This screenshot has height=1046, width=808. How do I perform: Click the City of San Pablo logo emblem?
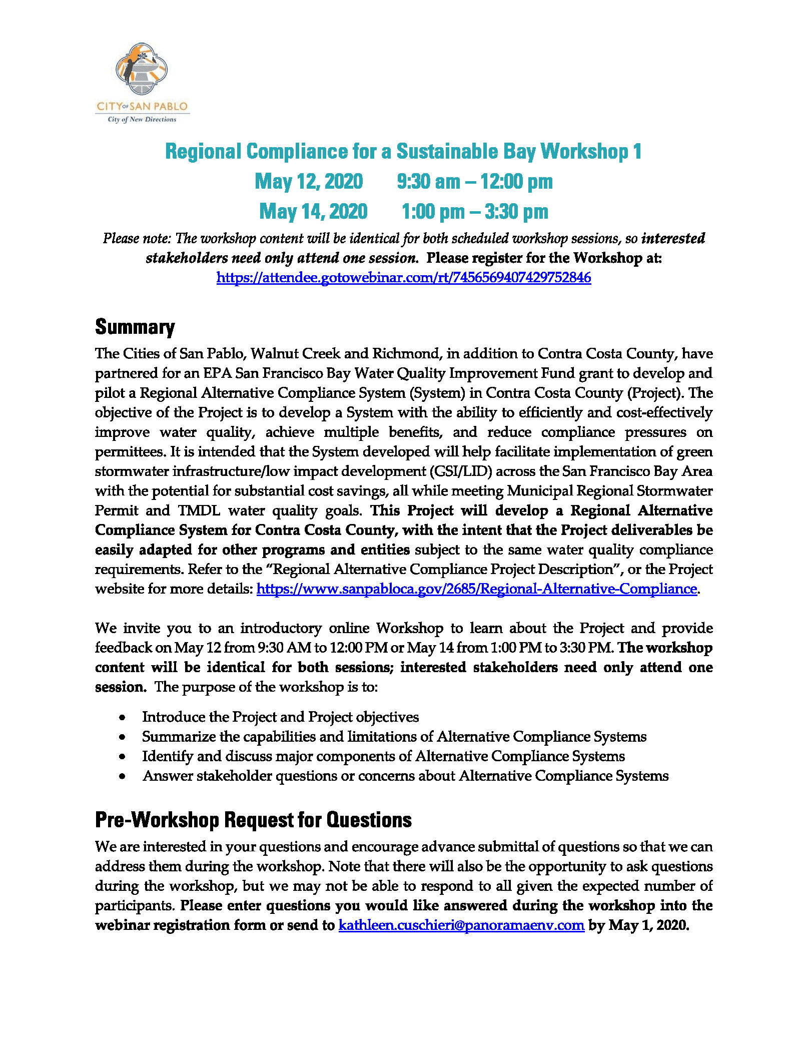click(142, 69)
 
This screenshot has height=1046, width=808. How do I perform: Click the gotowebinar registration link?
click(403, 277)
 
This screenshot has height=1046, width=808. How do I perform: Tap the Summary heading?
click(135, 327)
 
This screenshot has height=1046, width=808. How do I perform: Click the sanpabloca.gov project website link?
click(476, 589)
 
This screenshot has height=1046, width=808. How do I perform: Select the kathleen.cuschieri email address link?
click(461, 925)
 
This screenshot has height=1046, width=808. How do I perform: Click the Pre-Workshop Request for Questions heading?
click(253, 820)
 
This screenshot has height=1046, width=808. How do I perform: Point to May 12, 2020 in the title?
click(309, 181)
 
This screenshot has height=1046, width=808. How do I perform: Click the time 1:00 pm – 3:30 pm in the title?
click(475, 211)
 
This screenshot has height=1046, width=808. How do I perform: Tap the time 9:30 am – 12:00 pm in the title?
click(475, 181)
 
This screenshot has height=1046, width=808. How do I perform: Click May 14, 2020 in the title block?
click(313, 211)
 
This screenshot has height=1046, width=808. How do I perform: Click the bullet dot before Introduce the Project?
click(123, 718)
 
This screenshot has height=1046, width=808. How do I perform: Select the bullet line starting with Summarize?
click(394, 737)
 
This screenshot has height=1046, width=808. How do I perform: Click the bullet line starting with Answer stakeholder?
click(405, 776)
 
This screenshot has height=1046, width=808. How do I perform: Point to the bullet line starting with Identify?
click(383, 756)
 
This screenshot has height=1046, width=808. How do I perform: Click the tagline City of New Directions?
click(142, 120)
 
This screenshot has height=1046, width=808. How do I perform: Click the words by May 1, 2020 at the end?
click(638, 925)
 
